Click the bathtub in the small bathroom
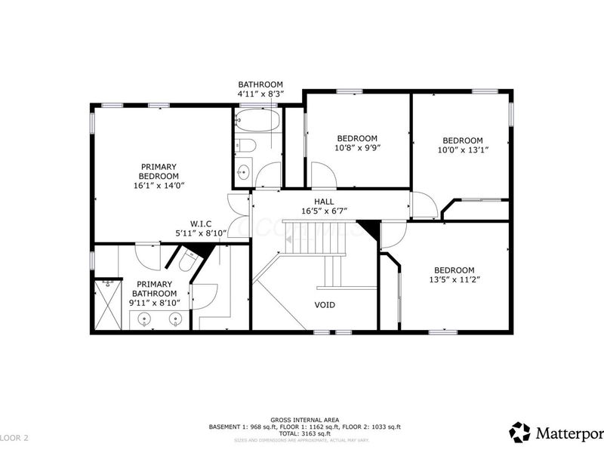(x=257, y=121)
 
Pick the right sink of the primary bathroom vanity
(x=174, y=319)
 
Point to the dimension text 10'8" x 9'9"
(x=357, y=148)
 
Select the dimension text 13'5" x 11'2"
(x=454, y=280)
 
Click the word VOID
(x=325, y=305)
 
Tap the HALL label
(x=325, y=202)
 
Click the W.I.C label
(x=200, y=223)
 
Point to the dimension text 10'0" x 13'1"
(x=462, y=150)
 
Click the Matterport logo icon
(x=519, y=432)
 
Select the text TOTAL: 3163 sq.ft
(x=304, y=433)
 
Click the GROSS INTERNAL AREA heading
(x=304, y=420)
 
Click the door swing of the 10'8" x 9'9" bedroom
(x=324, y=177)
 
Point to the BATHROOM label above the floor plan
(x=260, y=85)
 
